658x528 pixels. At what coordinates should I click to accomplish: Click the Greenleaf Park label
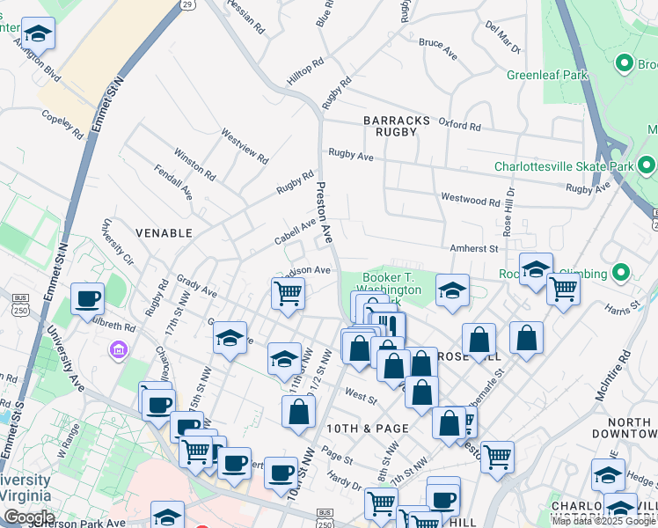coord(546,76)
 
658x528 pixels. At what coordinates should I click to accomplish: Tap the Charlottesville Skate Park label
coord(564,166)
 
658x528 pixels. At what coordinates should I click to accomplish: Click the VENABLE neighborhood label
coord(164,233)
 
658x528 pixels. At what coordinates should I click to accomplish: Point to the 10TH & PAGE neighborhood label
coord(367,429)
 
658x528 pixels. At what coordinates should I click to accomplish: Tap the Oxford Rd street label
coord(460,126)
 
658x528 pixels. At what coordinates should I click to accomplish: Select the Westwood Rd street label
coord(471,200)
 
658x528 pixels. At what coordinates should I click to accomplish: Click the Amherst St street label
coord(474,249)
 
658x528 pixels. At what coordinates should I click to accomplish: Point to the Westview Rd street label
coord(244,147)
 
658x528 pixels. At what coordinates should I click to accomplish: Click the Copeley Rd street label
coord(62,124)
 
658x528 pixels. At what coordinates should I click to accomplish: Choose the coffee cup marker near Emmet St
coord(87,297)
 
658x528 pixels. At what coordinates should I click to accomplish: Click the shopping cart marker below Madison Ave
coord(288,292)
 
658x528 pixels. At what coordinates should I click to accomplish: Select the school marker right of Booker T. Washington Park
coord(452,290)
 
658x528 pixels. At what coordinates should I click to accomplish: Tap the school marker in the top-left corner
coord(38,33)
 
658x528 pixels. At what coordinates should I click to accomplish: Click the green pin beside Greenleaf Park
coord(625,62)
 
